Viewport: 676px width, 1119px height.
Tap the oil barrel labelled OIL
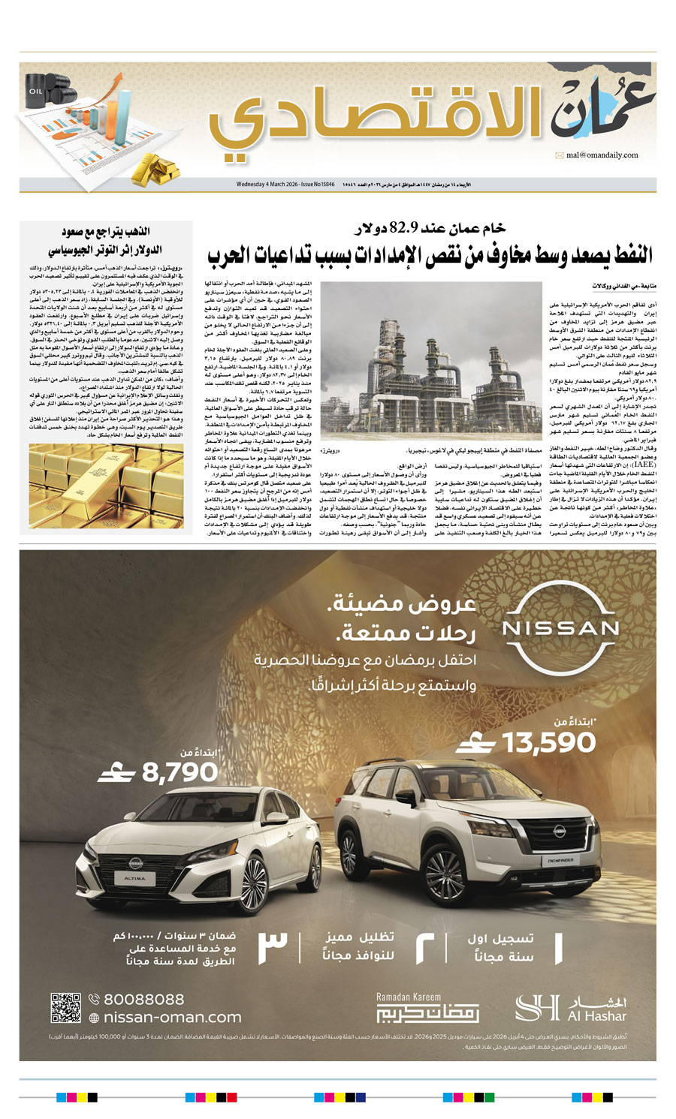pos(37,92)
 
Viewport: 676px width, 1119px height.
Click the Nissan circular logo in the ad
pos(560,627)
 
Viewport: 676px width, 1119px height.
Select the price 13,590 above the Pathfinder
pos(549,743)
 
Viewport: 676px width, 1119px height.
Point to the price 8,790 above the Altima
pos(181,772)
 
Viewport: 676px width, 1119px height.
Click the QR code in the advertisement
pos(65,1008)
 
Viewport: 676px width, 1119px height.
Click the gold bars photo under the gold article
pos(106,486)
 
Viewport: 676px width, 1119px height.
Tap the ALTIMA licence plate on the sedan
pos(135,877)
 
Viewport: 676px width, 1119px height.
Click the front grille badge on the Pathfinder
pos(560,830)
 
